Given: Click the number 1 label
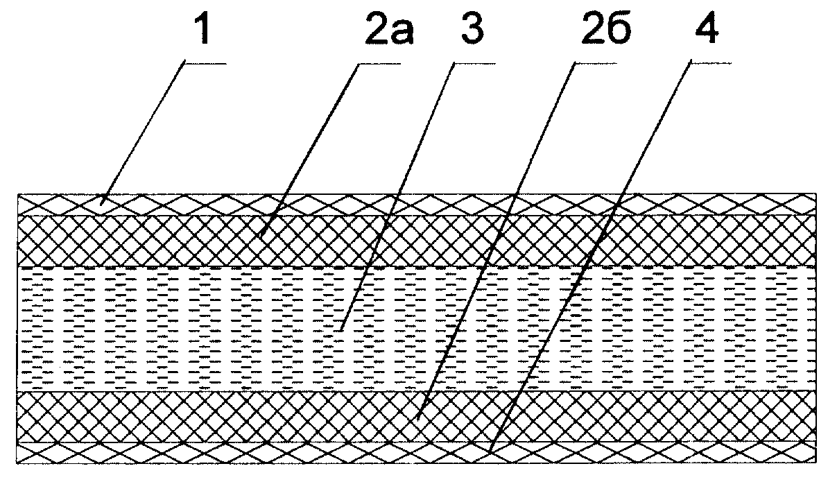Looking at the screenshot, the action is point(202,30).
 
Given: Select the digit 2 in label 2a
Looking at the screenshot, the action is point(377,30).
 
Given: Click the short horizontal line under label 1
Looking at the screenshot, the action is point(206,64).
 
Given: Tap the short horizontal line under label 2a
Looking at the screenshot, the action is point(379,64).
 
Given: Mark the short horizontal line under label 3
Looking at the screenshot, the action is point(474,64).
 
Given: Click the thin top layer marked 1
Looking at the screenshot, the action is point(417,205).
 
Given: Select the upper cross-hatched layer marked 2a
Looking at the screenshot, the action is point(417,241).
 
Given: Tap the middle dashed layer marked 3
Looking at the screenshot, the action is point(417,329).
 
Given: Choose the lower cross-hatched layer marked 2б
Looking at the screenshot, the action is point(417,417).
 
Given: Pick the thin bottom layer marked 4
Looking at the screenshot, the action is point(417,452).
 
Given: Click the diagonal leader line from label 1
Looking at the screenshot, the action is point(144,133).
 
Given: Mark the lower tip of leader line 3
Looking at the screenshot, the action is point(340,330).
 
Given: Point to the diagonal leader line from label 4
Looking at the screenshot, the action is point(590,258).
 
